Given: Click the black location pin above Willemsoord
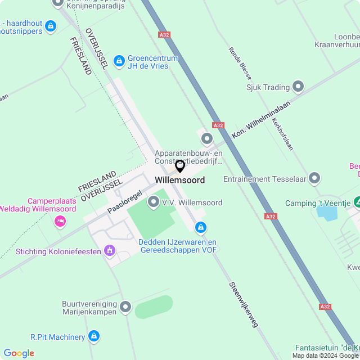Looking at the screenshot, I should pyautogui.click(x=180, y=166).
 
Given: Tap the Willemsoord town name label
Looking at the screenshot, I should pyautogui.click(x=180, y=180).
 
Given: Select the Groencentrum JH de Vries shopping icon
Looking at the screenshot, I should pyautogui.click(x=119, y=60).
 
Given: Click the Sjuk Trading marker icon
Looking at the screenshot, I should pyautogui.click(x=298, y=87).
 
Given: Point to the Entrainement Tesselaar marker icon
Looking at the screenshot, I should pyautogui.click(x=314, y=179).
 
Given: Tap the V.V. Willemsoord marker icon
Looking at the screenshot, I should pyautogui.click(x=153, y=202).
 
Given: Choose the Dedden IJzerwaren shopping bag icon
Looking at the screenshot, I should pyautogui.click(x=200, y=227).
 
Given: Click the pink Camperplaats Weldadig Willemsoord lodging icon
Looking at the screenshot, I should pyautogui.click(x=60, y=222).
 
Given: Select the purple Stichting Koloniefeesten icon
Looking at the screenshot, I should pyautogui.click(x=110, y=250).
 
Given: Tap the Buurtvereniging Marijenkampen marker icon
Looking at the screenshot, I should pyautogui.click(x=125, y=307).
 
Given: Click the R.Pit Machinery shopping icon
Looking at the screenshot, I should pyautogui.click(x=94, y=336).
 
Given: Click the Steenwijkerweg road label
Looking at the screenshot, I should pyautogui.click(x=243, y=304).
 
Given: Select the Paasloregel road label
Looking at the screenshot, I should pyautogui.click(x=125, y=201).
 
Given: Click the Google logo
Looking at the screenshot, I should pyautogui.click(x=19, y=353).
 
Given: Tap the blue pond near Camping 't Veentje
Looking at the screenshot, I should pyautogui.click(x=324, y=213).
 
